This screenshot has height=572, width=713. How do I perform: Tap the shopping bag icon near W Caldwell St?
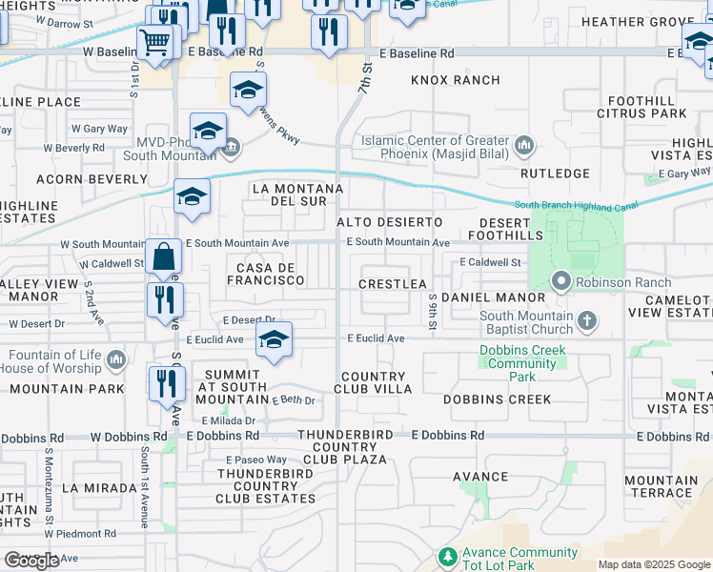point(164,255)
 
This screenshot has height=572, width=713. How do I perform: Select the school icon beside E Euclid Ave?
point(274,340)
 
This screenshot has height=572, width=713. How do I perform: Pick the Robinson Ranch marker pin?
point(560,281)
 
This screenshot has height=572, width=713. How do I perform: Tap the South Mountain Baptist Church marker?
point(587,322)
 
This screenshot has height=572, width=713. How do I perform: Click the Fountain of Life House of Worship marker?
point(116,360)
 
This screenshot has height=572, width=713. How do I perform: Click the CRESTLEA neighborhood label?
point(393,284)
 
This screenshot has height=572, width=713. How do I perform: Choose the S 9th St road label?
point(432,312)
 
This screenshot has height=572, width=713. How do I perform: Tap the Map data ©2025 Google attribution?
point(653,564)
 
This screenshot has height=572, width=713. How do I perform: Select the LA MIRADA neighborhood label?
point(99,487)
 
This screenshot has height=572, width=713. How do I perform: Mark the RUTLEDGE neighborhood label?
point(557,174)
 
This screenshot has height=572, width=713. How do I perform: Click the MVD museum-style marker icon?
point(231,147)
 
